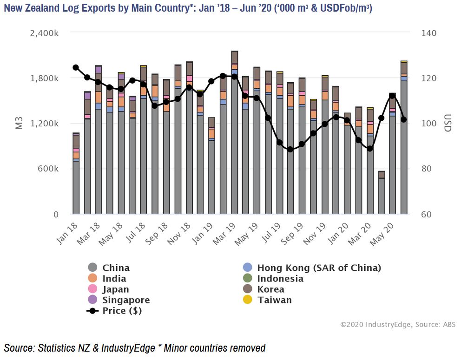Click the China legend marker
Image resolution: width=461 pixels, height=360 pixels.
(x=92, y=268)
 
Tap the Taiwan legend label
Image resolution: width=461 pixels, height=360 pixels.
(x=275, y=300)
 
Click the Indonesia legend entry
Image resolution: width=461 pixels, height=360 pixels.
(x=280, y=279)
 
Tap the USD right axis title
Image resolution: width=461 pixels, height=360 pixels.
(x=447, y=123)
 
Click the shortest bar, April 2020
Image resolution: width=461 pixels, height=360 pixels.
(x=382, y=195)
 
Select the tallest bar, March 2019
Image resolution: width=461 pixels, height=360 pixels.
(x=235, y=139)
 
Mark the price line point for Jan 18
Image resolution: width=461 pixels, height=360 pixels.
(x=76, y=67)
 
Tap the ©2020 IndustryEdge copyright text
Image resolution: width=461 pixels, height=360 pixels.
(x=376, y=325)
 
